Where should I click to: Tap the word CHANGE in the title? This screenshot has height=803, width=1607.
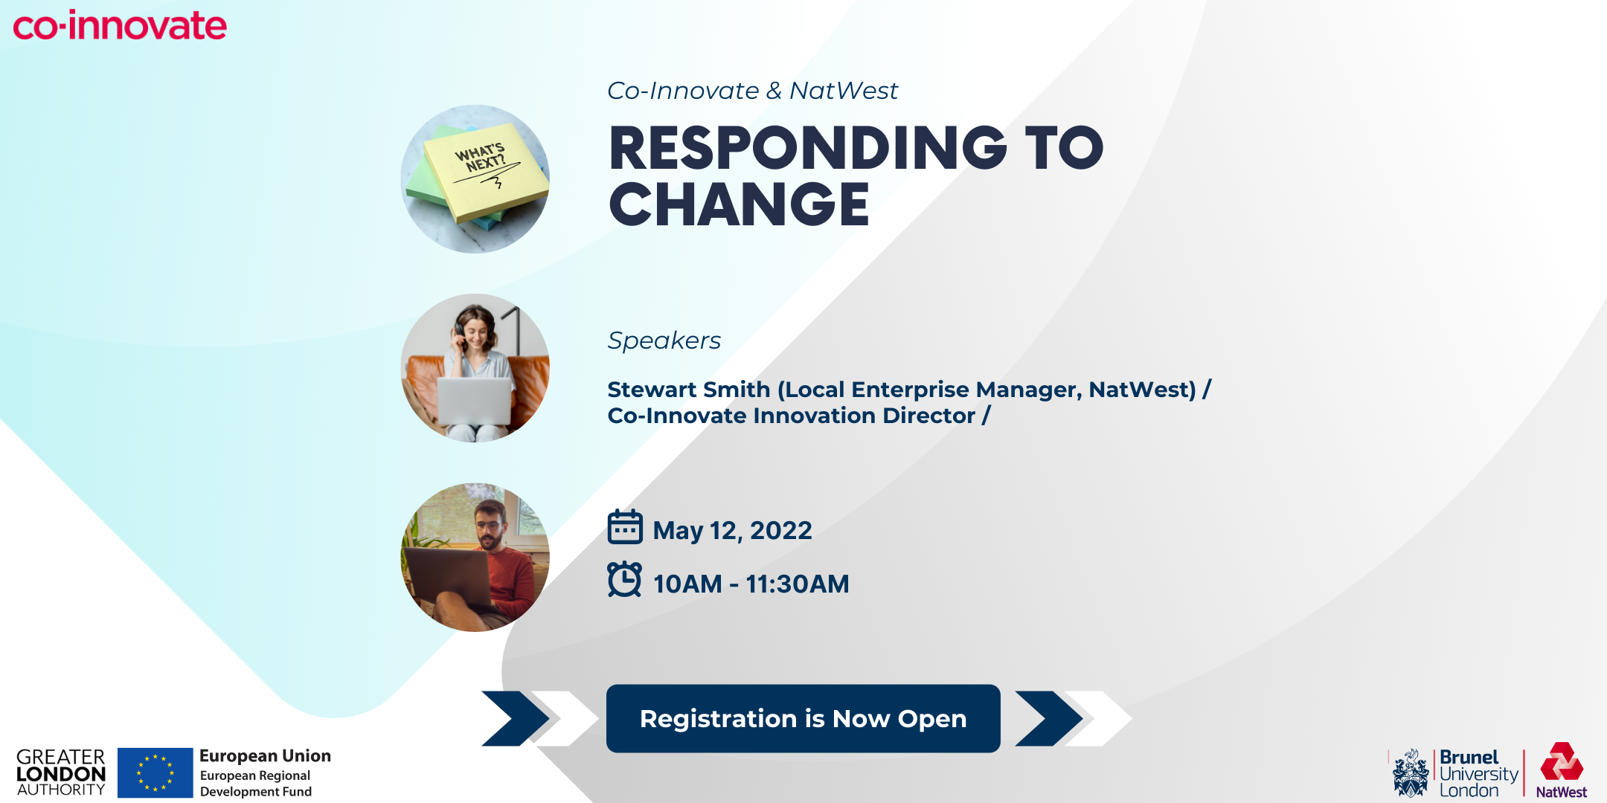[740, 204]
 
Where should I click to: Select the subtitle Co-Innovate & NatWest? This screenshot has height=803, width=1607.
[752, 91]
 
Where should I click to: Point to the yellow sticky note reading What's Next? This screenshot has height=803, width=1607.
[485, 172]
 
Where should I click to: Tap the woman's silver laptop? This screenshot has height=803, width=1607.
[474, 401]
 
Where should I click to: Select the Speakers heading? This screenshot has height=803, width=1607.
[664, 341]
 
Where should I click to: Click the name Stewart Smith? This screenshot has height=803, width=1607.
[689, 390]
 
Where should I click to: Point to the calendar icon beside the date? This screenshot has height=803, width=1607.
[625, 527]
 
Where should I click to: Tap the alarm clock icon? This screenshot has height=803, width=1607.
[625, 579]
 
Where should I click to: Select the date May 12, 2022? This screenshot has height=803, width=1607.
[732, 530]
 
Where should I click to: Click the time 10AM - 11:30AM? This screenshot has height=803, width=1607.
[751, 584]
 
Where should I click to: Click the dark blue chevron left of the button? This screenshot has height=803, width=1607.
[515, 718]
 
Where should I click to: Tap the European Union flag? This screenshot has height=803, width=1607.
[155, 773]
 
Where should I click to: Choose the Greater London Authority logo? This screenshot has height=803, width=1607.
[61, 773]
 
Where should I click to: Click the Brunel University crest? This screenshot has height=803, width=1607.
[1411, 774]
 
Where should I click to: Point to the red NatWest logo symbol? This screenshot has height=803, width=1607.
[1562, 761]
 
